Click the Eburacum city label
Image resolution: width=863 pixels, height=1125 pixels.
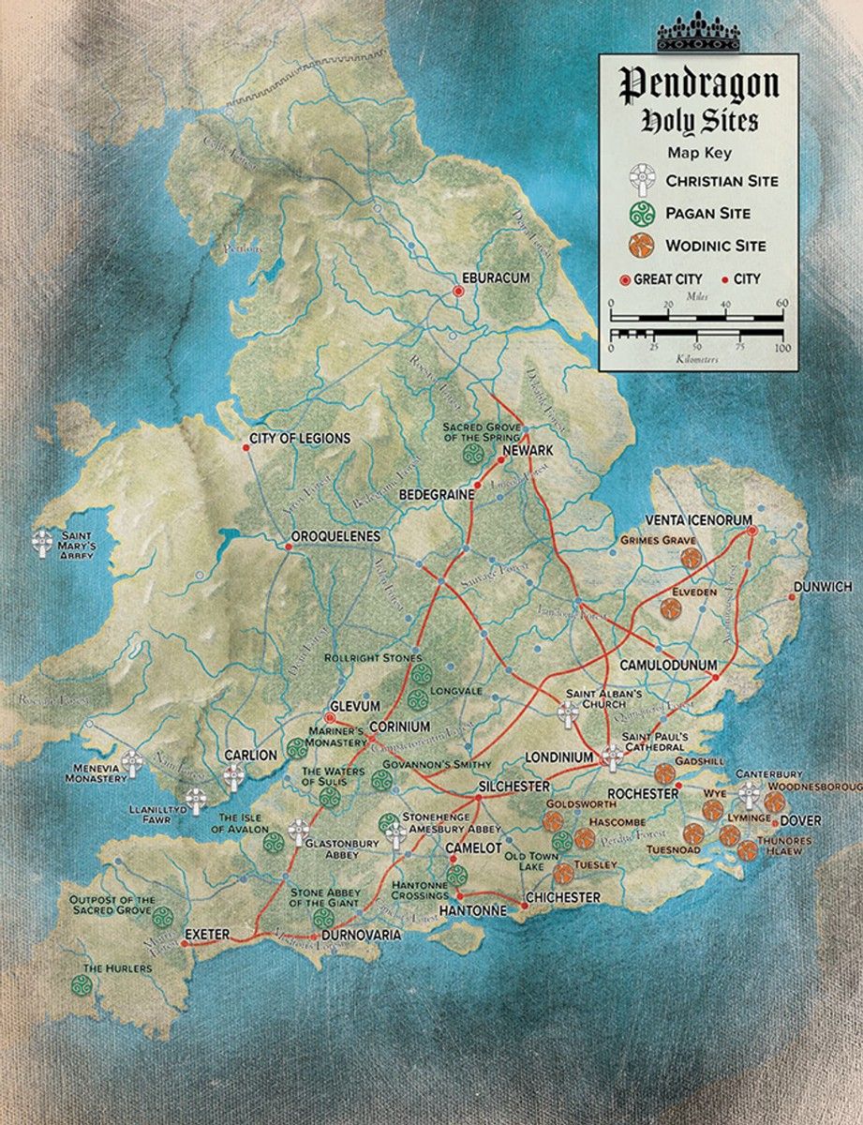pyautogui.click(x=483, y=278)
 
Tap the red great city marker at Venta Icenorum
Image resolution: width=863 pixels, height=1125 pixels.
pyautogui.click(x=751, y=532)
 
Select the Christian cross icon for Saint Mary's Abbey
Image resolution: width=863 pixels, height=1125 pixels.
pyautogui.click(x=42, y=544)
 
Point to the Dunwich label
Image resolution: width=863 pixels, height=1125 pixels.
pyautogui.click(x=822, y=587)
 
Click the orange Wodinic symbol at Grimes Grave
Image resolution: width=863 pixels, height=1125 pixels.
pyautogui.click(x=692, y=560)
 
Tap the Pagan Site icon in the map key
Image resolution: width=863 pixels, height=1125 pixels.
pyautogui.click(x=640, y=213)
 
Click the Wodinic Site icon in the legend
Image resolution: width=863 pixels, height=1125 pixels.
pyautogui.click(x=640, y=246)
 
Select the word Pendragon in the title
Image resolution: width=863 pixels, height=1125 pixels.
pyautogui.click(x=700, y=85)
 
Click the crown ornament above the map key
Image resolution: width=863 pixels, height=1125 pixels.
pyautogui.click(x=699, y=35)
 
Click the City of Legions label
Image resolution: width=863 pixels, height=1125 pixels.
pyautogui.click(x=300, y=439)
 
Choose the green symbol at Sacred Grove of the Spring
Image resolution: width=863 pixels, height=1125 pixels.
pyautogui.click(x=473, y=455)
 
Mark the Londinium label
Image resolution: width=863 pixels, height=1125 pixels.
pyautogui.click(x=560, y=757)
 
